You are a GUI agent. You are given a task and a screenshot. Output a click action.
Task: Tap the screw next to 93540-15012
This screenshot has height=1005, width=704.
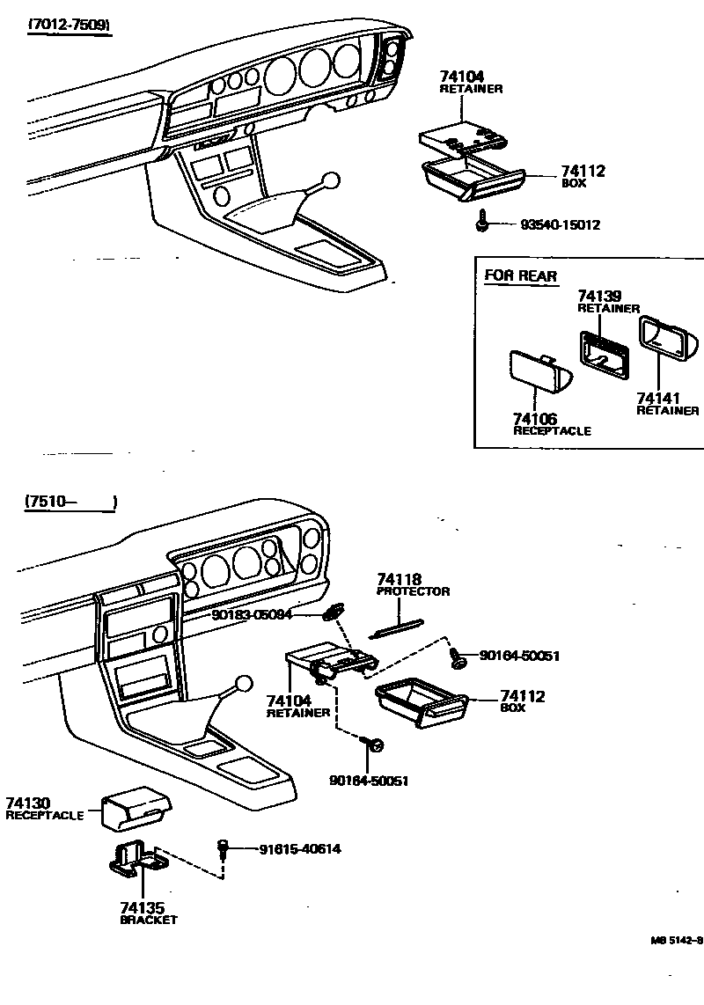(x=483, y=223)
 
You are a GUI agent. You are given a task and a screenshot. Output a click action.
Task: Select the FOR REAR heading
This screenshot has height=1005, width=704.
(x=520, y=276)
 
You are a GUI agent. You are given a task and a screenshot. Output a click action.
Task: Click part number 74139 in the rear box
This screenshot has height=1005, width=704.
(x=598, y=296)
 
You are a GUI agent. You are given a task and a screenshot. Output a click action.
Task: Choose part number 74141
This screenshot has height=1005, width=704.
(x=655, y=399)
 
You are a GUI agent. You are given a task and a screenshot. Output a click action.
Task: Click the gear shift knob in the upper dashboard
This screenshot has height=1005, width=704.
(x=329, y=182)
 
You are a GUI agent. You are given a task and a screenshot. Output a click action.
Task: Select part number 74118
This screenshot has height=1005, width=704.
(x=399, y=579)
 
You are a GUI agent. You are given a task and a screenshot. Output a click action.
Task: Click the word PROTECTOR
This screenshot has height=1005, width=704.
(x=413, y=591)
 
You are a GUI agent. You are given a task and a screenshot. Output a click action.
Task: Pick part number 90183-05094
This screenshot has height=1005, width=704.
(x=251, y=614)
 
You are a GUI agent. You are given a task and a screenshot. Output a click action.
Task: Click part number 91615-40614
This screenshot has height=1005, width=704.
(x=299, y=849)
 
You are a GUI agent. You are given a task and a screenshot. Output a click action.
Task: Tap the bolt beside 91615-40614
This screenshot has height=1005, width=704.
(x=224, y=848)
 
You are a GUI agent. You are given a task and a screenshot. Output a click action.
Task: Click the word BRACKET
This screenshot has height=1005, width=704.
(x=148, y=920)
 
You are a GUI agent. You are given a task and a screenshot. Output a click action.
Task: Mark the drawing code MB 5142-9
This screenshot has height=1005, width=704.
(x=677, y=940)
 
